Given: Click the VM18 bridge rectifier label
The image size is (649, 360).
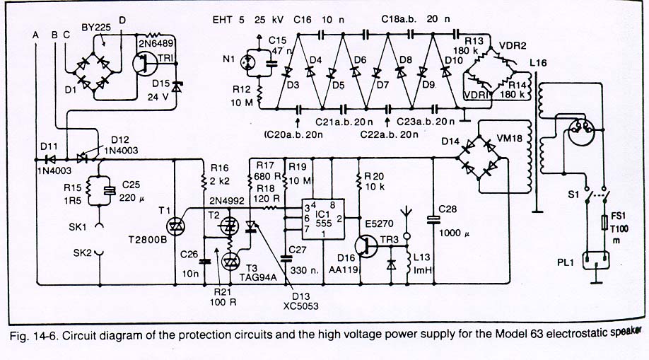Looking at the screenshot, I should click(x=509, y=139).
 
